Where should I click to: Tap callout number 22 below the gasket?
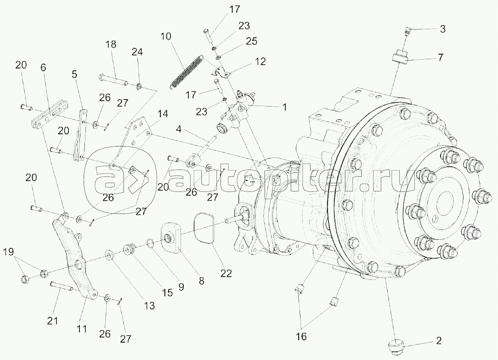pos(227,273)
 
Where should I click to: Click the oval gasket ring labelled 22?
pos(204,228)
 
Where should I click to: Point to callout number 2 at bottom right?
pos(438,341)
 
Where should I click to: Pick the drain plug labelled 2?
pos(394,346)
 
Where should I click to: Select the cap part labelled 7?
pos(400,56)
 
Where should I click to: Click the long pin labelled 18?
pos(113,80)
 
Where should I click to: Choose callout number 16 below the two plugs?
pos(301,336)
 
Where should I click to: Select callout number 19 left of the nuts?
pos(9,252)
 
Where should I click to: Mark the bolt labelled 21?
pos(62,287)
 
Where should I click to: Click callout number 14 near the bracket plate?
pos(162,113)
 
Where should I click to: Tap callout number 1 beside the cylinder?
pos(284,107)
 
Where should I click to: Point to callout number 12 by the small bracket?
pos(260,62)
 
